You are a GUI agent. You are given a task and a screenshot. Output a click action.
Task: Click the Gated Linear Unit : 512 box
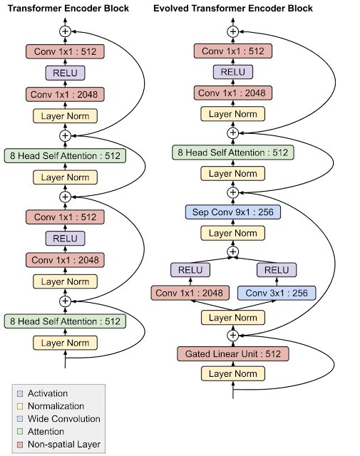pos(233,354)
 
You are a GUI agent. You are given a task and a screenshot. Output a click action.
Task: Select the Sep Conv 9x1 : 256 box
pos(233,212)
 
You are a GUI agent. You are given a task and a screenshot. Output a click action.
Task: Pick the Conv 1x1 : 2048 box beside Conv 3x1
pos(190,293)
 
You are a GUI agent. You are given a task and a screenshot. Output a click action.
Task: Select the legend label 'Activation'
pos(47,393)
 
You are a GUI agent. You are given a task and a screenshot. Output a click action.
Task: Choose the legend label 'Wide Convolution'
pos(63,419)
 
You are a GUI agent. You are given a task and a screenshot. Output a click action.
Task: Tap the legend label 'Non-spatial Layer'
pos(63,445)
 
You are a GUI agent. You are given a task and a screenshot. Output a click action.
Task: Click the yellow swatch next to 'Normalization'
pos(20,406)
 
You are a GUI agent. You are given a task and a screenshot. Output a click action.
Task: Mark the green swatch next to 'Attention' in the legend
pos(20,432)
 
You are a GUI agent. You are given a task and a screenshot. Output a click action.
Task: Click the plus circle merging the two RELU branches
pos(232,252)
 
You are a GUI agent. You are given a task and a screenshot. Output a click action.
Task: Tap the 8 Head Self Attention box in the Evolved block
pos(233,152)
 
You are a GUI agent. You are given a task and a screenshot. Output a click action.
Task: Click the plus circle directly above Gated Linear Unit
pos(232,335)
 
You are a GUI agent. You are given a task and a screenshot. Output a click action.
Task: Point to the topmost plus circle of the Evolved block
pos(232,31)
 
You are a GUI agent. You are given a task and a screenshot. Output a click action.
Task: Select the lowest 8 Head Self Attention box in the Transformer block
pos(66,321)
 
